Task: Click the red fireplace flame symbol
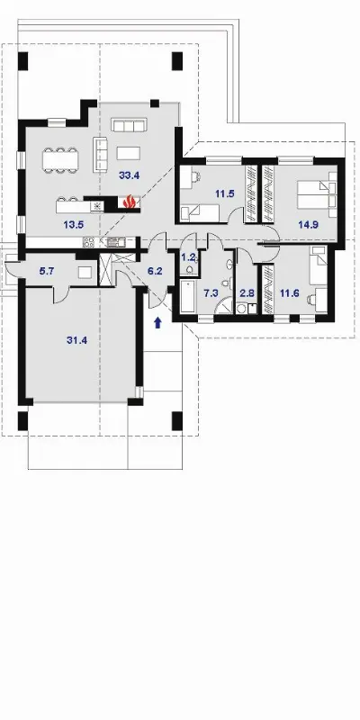click(130, 201)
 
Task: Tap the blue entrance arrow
click(158, 323)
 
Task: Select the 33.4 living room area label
click(129, 175)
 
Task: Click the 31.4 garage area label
click(76, 340)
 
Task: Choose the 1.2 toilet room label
click(189, 257)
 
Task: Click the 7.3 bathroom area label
click(211, 293)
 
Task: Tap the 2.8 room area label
click(247, 293)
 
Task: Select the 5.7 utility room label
click(47, 271)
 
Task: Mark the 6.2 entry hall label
click(155, 271)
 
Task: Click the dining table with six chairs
click(60, 160)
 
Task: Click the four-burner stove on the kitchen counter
click(88, 242)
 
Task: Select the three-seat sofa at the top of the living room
click(129, 125)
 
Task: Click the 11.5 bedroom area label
click(225, 193)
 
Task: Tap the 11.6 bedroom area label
click(289, 293)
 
